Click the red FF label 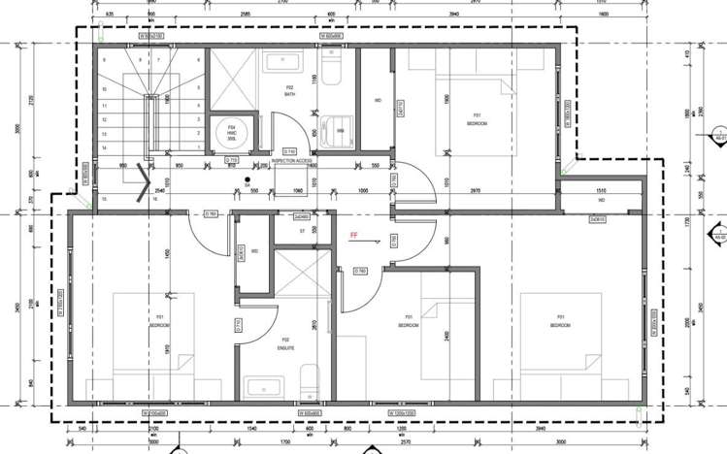click(x=354, y=234)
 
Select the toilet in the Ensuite click(x=308, y=381)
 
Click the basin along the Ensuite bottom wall click(x=265, y=389)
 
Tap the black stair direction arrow click(x=144, y=182)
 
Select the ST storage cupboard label click(x=302, y=231)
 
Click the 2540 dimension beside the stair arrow click(x=159, y=191)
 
